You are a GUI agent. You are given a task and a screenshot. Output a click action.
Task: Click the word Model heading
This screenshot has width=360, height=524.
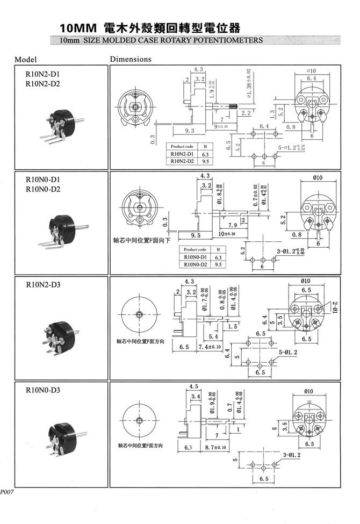(x=25, y=59)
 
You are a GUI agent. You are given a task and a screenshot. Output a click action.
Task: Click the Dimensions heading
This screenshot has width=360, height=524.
(x=131, y=59)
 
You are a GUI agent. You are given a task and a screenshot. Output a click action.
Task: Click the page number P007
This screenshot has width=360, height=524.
(x=7, y=492)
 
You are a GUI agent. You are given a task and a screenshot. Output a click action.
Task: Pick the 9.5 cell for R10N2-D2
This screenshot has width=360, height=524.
(x=205, y=161)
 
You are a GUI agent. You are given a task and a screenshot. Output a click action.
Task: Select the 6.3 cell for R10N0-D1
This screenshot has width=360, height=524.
(x=218, y=257)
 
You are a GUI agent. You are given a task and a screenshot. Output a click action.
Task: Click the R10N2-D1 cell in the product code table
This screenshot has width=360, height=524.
(x=183, y=154)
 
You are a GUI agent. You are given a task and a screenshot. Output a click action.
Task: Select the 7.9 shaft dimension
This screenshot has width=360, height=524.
(x=233, y=224)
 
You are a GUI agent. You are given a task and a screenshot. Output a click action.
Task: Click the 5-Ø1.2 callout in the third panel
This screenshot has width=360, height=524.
(x=288, y=352)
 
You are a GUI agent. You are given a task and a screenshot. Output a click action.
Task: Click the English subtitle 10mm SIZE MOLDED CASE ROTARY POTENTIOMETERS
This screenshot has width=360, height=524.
(x=161, y=40)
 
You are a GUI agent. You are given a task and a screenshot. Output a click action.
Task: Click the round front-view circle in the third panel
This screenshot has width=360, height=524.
(x=139, y=314)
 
